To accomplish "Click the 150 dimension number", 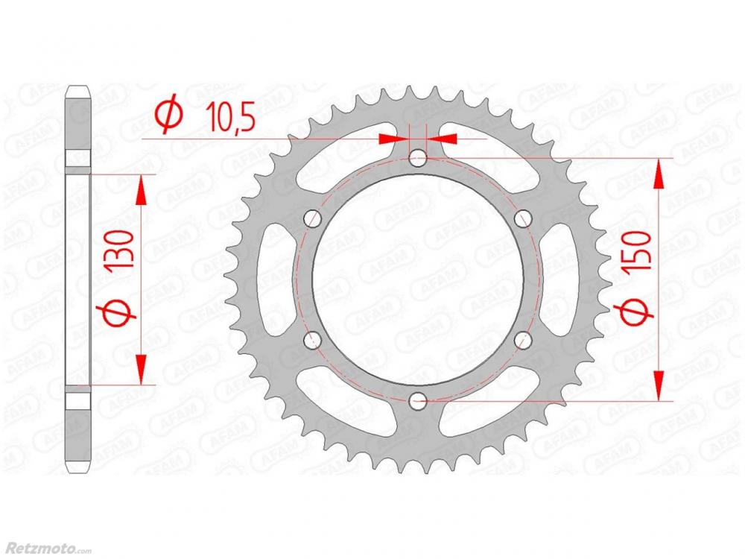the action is coord(639,252).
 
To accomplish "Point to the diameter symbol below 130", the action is coord(116,312).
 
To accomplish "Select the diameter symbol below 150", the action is coord(634,311).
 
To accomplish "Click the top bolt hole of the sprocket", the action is coord(418,158).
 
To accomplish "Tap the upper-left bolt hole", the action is coord(313,218).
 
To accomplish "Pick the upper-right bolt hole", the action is coord(523,218).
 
